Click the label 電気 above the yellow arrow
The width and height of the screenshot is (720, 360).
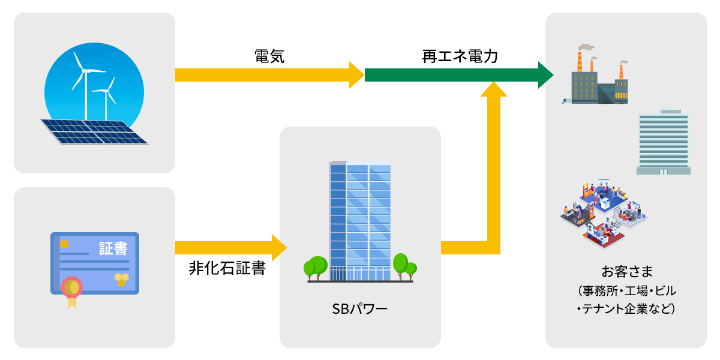[x=269, y=57]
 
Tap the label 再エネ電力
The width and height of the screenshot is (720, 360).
[x=460, y=57]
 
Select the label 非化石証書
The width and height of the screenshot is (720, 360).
[x=227, y=268]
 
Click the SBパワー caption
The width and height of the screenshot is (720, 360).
[x=360, y=310]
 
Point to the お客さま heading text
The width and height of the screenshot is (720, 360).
[x=626, y=270]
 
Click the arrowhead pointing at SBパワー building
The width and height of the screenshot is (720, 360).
[x=279, y=247]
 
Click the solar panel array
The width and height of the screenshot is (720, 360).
[x=94, y=131]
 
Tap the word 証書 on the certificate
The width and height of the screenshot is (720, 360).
[x=113, y=248]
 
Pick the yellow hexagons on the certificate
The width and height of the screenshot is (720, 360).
[x=121, y=279]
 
